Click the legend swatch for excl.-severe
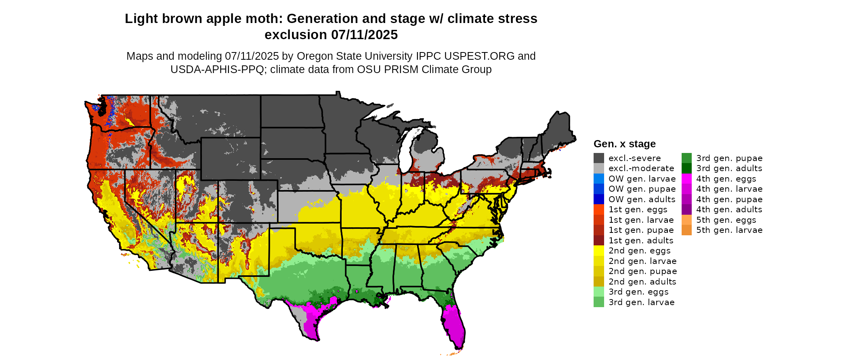point(598,158)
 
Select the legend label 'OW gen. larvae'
point(642,179)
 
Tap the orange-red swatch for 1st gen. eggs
point(598,209)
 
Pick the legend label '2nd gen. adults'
point(642,282)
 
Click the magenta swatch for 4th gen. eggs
point(686,179)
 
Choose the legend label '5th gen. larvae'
point(729,230)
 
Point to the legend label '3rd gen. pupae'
point(729,158)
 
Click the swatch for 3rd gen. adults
point(686,168)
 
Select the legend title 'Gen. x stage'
point(624,144)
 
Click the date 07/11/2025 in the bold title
point(364,35)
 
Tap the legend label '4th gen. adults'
point(729,209)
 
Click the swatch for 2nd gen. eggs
point(598,251)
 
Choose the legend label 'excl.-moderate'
point(641,168)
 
